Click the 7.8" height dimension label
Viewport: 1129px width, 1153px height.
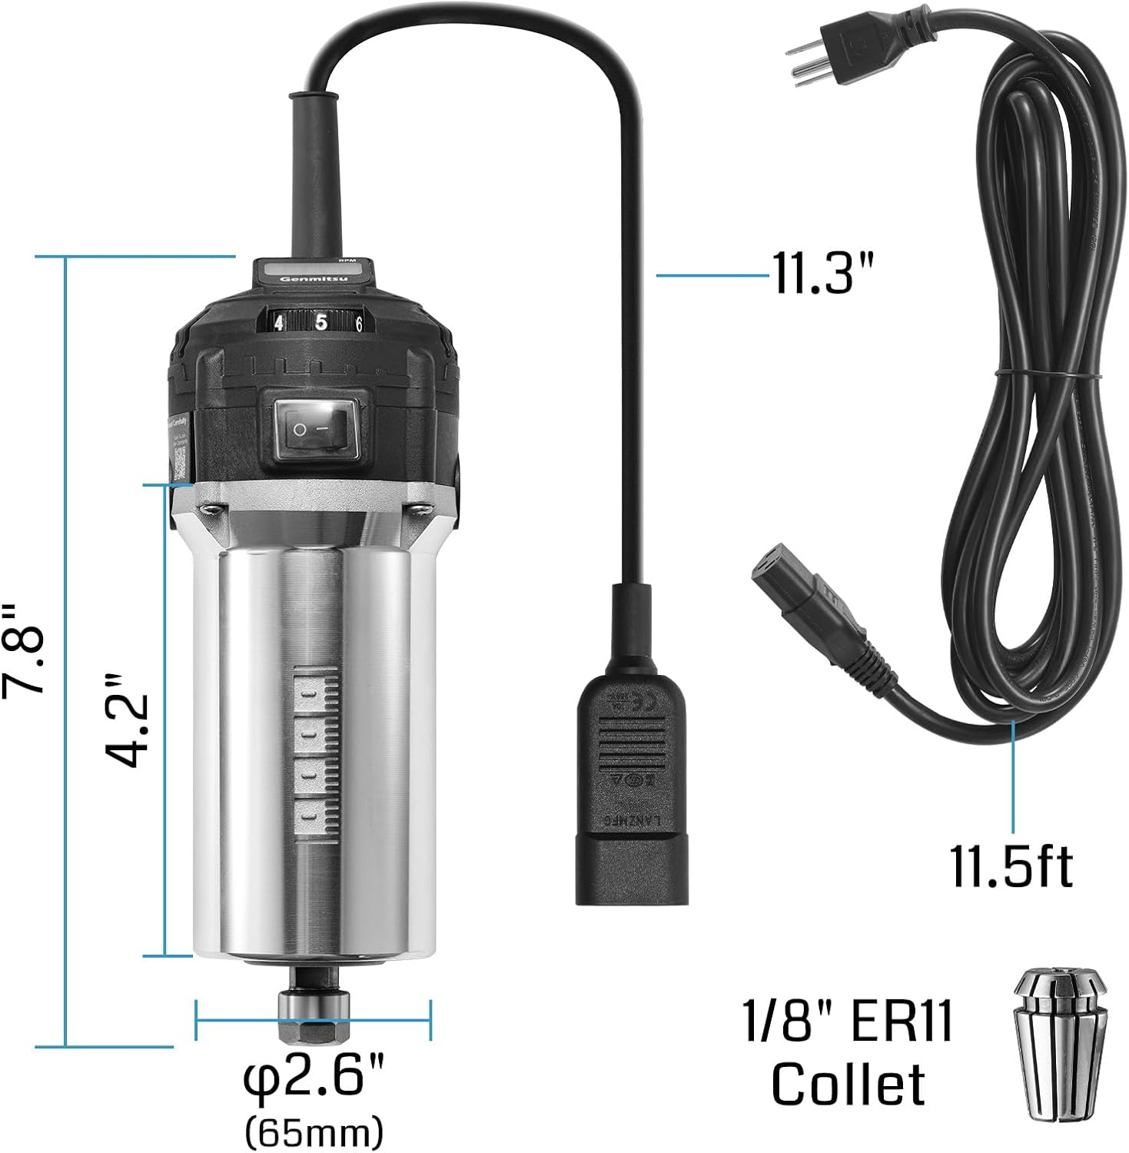click(x=23, y=650)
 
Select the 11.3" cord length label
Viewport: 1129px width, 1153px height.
click(x=823, y=274)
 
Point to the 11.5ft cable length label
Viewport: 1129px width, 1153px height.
click(x=1011, y=867)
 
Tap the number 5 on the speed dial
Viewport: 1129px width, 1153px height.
click(x=320, y=321)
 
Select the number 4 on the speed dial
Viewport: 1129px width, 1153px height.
click(x=278, y=323)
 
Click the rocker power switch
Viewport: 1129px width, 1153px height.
click(x=315, y=428)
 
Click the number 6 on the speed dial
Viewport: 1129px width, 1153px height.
click(x=358, y=324)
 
